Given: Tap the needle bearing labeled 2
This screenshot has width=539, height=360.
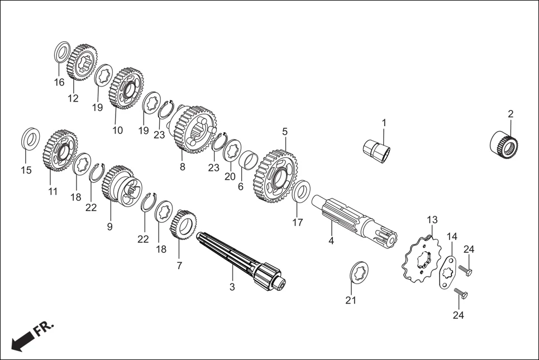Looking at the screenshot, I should tap(504, 142).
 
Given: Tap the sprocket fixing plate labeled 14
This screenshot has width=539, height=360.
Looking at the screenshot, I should tap(447, 272).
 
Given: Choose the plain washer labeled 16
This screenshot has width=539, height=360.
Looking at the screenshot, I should tap(62, 52).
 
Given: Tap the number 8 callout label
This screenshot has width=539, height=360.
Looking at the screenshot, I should tap(182, 167).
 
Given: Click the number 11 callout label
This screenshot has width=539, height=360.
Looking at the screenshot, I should tap(53, 191).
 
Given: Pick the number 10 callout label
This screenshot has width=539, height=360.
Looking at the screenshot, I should tap(117, 130).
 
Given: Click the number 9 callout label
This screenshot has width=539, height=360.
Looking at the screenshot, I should tap(109, 227).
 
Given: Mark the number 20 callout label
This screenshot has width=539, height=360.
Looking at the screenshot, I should tap(230, 176).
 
